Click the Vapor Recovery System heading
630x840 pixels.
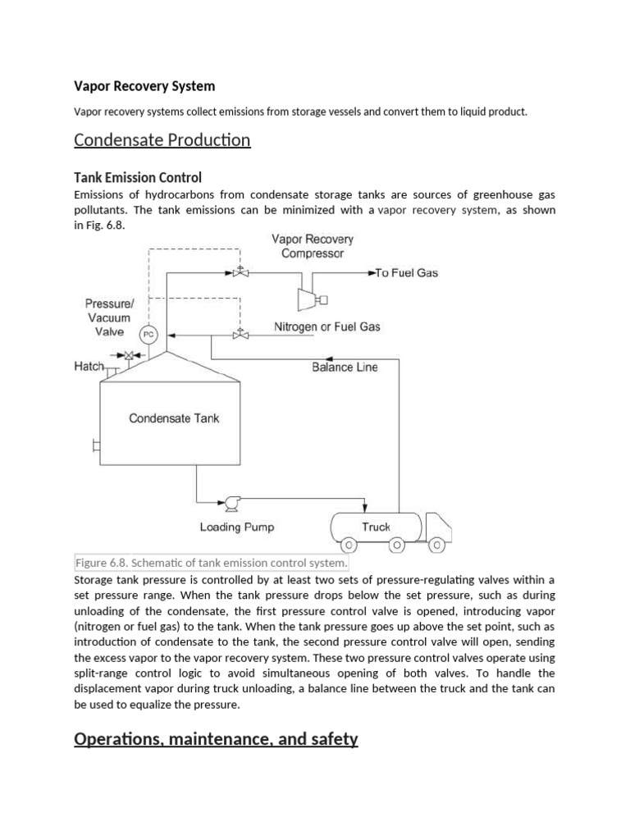[144, 86]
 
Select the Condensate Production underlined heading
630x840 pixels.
[162, 140]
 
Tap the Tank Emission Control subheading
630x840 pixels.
[138, 177]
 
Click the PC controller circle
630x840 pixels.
[148, 334]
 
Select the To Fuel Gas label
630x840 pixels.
[406, 273]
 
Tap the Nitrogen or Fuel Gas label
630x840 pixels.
[326, 327]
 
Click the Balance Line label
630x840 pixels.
[345, 367]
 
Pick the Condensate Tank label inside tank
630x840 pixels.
[174, 418]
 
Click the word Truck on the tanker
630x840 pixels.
[377, 527]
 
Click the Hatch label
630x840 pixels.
[89, 367]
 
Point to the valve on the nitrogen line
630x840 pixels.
[240, 334]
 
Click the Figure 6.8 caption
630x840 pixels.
[211, 564]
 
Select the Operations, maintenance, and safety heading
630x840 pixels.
[216, 739]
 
